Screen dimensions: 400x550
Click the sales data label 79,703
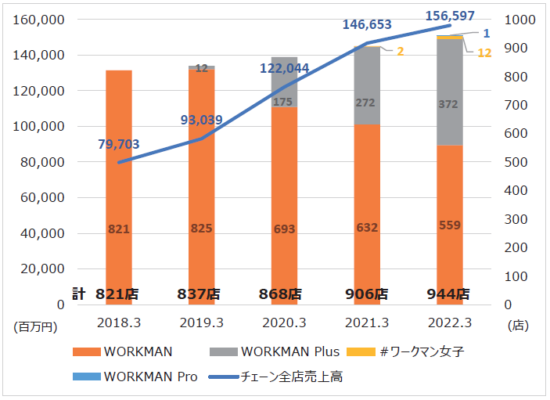(119, 144)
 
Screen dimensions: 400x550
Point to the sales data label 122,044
(285, 68)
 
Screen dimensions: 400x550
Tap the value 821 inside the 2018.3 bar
(119, 228)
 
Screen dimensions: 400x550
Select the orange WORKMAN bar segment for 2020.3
(284, 204)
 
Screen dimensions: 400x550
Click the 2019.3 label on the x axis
(201, 323)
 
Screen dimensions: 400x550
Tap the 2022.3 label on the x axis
(449, 323)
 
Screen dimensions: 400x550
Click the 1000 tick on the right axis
(520, 20)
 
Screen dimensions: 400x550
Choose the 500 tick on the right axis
(516, 162)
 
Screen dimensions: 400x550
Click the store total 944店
(449, 294)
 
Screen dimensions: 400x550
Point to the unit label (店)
(519, 325)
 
